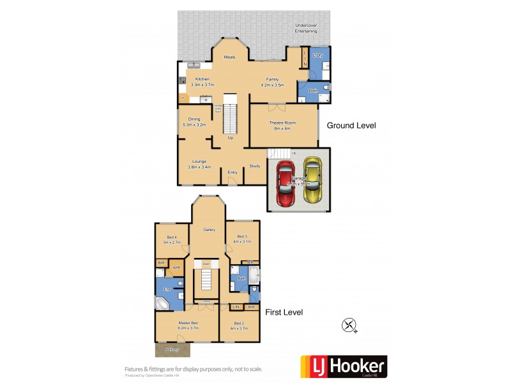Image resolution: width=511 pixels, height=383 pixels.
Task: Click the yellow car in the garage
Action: click(x=312, y=181)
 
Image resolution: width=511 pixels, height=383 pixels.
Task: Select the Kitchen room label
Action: click(x=202, y=79)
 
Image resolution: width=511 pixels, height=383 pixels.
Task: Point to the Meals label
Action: click(x=229, y=57)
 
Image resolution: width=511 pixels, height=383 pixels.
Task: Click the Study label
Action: click(x=254, y=166)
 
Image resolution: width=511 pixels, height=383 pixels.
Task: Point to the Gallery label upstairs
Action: click(x=209, y=230)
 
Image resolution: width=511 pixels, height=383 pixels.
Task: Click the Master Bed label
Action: click(x=188, y=324)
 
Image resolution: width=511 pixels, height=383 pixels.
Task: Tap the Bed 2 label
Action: click(x=239, y=324)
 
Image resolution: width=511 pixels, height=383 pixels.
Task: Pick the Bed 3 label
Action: click(x=243, y=236)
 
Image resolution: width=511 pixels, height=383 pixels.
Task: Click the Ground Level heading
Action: click(x=351, y=126)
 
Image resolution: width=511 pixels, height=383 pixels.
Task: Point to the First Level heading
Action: click(x=284, y=312)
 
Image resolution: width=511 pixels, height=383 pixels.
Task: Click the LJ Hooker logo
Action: click(x=344, y=366)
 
